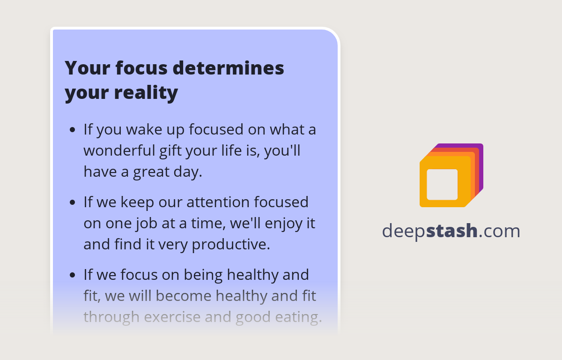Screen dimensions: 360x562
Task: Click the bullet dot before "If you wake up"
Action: tap(72, 130)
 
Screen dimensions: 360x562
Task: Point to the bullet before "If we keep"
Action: tap(72, 202)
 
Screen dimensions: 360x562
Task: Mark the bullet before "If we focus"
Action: tap(72, 275)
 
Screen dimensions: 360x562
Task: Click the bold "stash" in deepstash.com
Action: tap(452, 231)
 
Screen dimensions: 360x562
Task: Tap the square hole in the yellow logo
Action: tap(442, 184)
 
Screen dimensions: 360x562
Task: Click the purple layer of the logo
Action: tap(480, 164)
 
